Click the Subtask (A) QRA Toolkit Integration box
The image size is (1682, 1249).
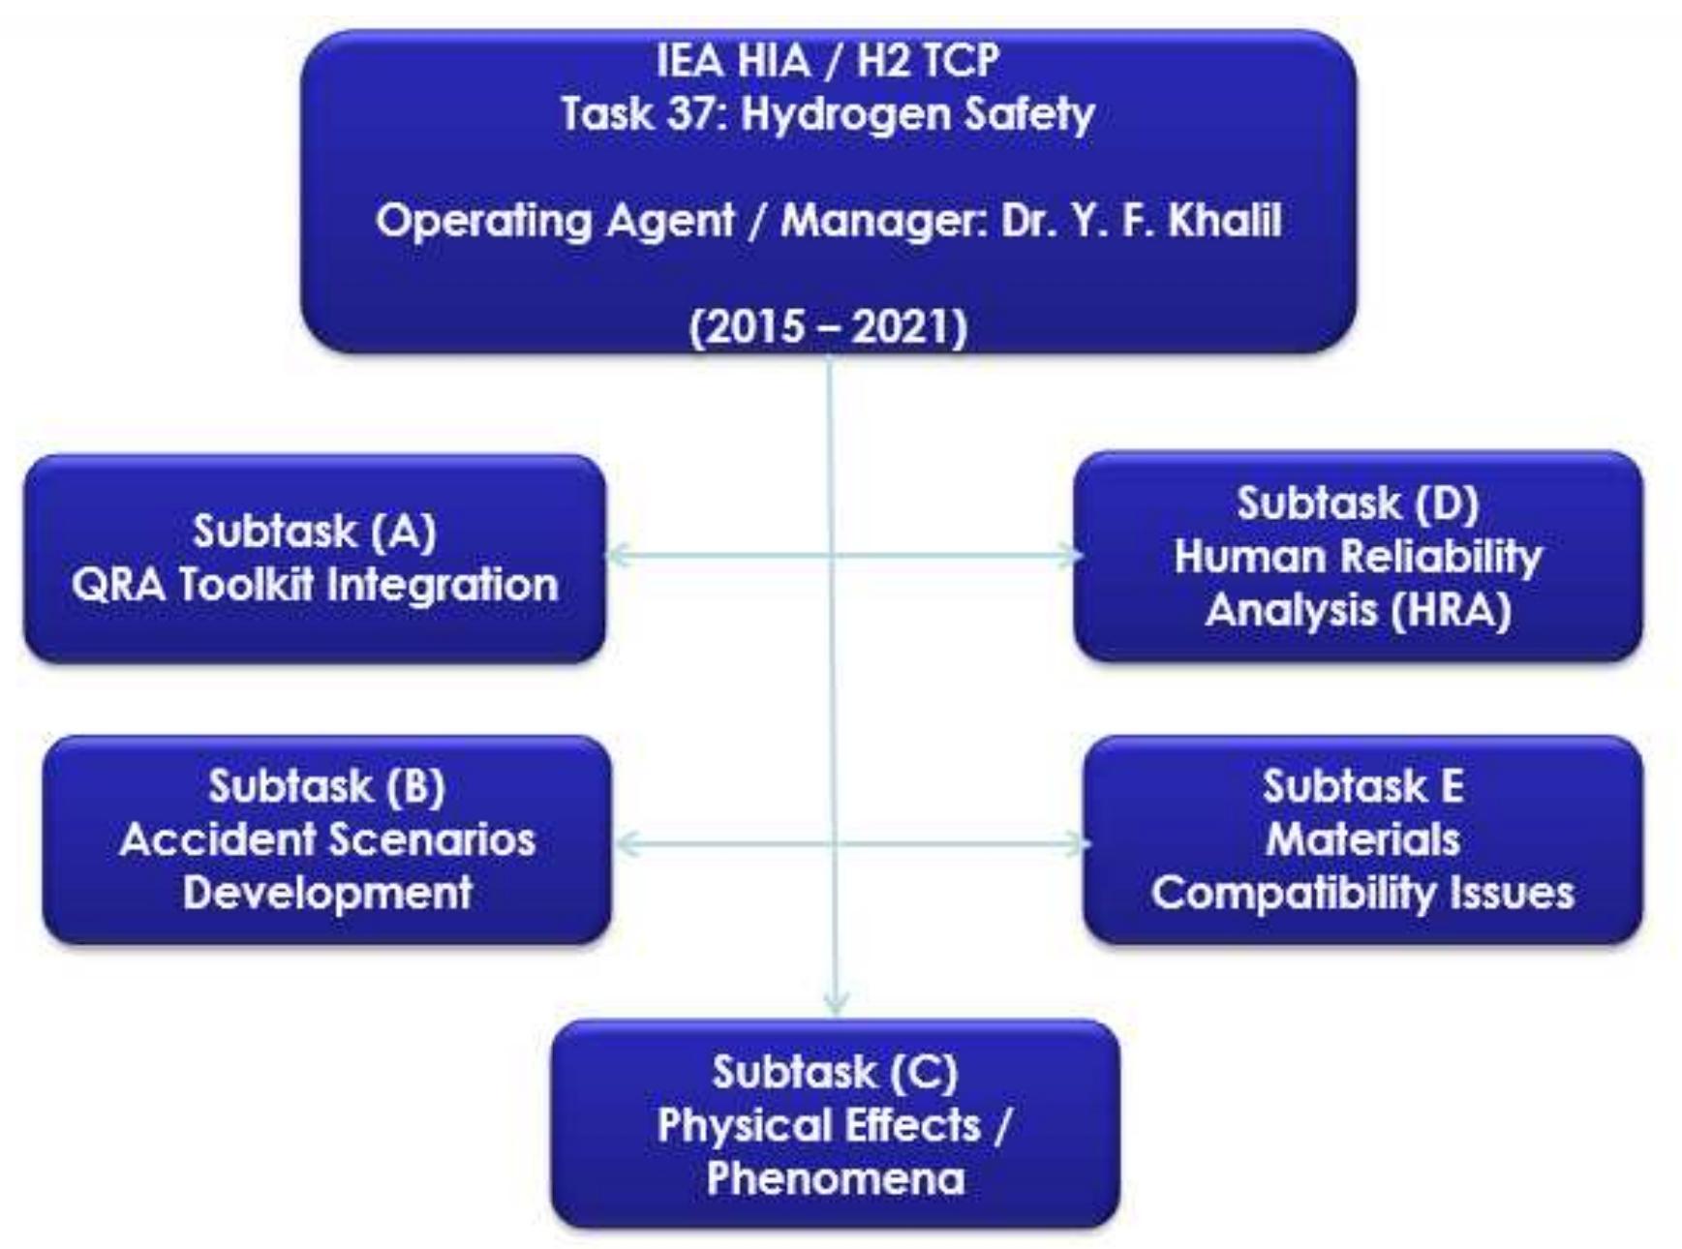(x=315, y=559)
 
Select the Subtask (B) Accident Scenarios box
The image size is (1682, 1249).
(x=327, y=839)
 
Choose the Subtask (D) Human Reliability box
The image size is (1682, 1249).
(x=1358, y=557)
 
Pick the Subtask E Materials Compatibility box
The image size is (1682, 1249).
(x=1362, y=839)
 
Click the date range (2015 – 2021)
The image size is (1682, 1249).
(x=829, y=327)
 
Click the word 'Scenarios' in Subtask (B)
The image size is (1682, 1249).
(x=444, y=839)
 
